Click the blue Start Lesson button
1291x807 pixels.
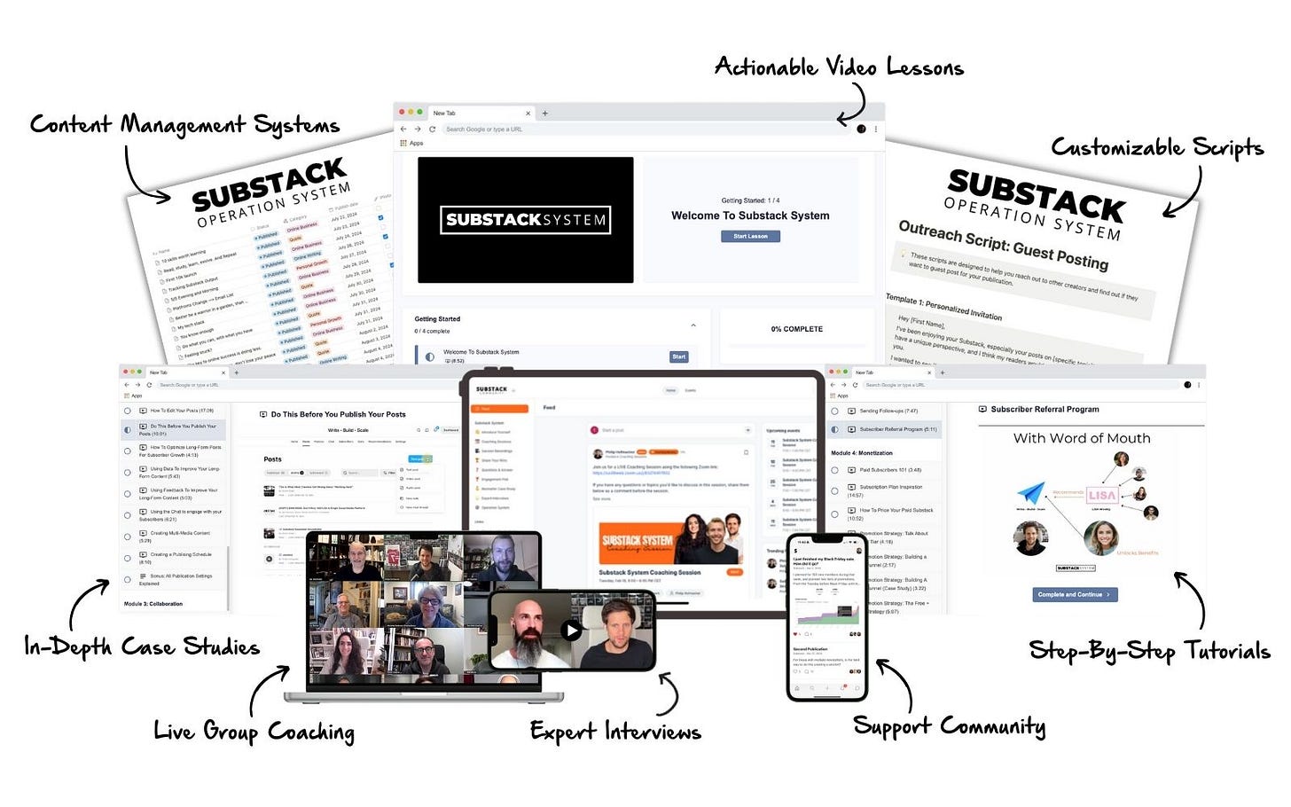click(x=750, y=236)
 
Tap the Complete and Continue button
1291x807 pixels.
click(x=1075, y=594)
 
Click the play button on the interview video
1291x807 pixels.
click(x=572, y=631)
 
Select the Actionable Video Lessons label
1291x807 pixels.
click(x=839, y=67)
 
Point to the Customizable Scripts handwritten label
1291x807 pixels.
click(x=1156, y=147)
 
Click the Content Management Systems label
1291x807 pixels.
click(x=184, y=124)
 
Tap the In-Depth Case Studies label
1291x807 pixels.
click(x=142, y=646)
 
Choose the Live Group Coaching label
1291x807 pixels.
click(x=254, y=731)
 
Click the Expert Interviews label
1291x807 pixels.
click(x=615, y=731)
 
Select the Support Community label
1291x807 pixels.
click(x=949, y=726)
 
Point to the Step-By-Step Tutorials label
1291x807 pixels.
click(x=1149, y=651)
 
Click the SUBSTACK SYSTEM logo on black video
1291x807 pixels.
click(x=526, y=220)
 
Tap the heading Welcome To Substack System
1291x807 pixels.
click(x=750, y=215)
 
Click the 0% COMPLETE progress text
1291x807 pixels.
click(x=796, y=329)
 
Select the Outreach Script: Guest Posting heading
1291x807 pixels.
click(x=1003, y=244)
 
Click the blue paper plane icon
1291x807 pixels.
click(x=1030, y=493)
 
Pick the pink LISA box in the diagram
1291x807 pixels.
click(x=1101, y=496)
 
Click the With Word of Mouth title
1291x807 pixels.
click(x=1082, y=438)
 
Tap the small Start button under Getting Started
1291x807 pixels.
click(x=678, y=356)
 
